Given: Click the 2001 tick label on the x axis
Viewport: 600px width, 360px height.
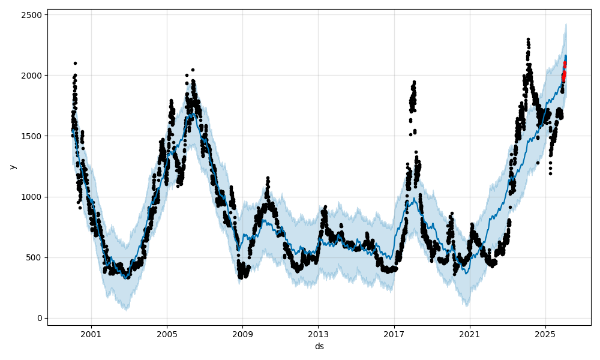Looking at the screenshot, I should [x=91, y=333].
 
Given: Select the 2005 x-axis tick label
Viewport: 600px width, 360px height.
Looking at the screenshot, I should [x=167, y=333].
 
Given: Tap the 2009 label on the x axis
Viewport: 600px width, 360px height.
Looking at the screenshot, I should [x=242, y=333].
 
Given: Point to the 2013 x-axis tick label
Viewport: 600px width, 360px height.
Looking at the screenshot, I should [x=318, y=333].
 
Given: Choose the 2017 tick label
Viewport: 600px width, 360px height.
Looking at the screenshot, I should [x=394, y=333].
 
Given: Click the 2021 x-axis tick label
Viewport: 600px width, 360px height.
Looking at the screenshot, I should [x=470, y=333].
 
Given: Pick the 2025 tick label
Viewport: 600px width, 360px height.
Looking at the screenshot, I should [x=545, y=333].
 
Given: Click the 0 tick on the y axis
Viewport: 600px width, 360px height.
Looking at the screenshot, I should [x=40, y=318].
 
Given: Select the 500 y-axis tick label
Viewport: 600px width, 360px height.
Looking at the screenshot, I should [x=35, y=257].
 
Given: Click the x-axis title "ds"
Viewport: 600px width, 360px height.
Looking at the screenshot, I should [x=319, y=346].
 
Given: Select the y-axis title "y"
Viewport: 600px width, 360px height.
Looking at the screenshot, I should [x=11, y=167].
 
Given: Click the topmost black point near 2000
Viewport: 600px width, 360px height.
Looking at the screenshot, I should [x=75, y=63].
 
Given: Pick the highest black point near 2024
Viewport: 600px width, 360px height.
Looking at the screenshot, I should [x=528, y=40].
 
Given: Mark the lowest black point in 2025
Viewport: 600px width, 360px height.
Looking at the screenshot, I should [x=550, y=173].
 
